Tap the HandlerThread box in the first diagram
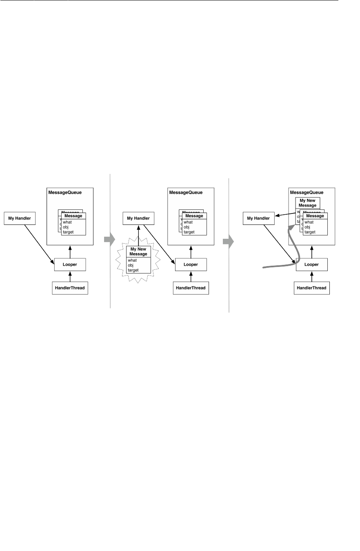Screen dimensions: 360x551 click(70, 288)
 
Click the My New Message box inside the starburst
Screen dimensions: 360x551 click(138, 252)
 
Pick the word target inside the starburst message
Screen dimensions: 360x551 click(133, 270)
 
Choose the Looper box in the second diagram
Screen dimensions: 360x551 click(191, 264)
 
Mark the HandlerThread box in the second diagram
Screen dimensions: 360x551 click(191, 288)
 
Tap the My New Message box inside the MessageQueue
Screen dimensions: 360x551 click(307, 203)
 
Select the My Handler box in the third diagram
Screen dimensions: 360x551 click(258, 218)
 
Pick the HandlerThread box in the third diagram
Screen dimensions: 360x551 click(311, 288)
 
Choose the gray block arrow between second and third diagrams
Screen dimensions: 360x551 click(227, 241)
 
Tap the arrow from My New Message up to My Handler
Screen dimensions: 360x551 click(138, 236)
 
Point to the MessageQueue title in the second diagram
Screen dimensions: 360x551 click(185, 192)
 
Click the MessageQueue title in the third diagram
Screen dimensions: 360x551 click(307, 192)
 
